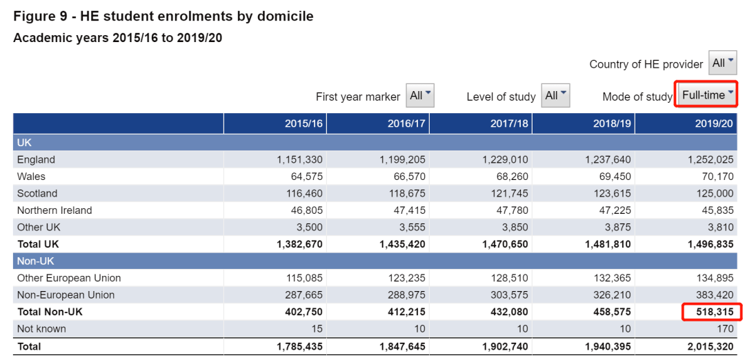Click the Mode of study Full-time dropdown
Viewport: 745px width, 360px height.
click(707, 95)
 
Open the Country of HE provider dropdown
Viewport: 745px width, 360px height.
click(722, 63)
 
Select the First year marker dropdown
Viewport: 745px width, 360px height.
click(420, 95)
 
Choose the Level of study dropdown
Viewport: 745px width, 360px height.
click(555, 95)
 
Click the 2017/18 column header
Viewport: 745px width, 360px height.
click(509, 123)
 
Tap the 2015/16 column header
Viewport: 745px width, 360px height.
click(304, 123)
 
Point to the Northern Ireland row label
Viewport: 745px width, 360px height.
click(54, 210)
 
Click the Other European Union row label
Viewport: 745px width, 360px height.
click(69, 278)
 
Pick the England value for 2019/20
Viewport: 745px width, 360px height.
click(711, 159)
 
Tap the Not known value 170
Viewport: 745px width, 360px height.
click(726, 329)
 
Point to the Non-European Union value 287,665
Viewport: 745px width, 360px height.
click(304, 295)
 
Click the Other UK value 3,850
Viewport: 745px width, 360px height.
click(515, 227)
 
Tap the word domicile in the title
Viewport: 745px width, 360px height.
click(285, 16)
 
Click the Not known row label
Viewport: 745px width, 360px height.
click(41, 329)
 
